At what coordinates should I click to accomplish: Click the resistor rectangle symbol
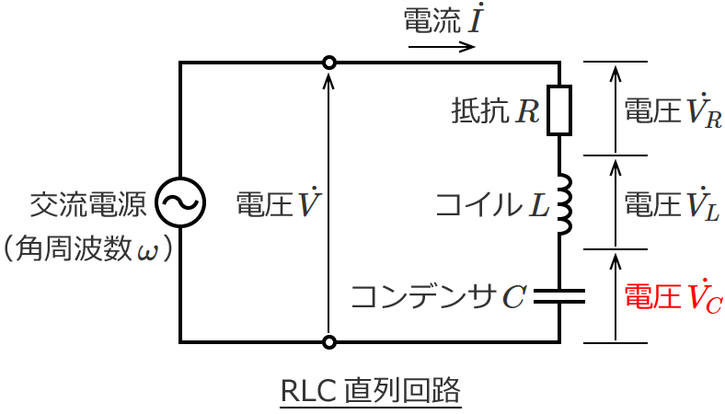(x=559, y=110)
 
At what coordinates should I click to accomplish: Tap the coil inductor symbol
(x=563, y=202)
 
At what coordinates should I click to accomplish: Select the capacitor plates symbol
(x=559, y=295)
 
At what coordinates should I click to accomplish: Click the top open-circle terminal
(x=328, y=63)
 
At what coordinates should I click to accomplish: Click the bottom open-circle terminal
(x=328, y=342)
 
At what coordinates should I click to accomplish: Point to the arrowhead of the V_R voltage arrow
(x=616, y=67)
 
